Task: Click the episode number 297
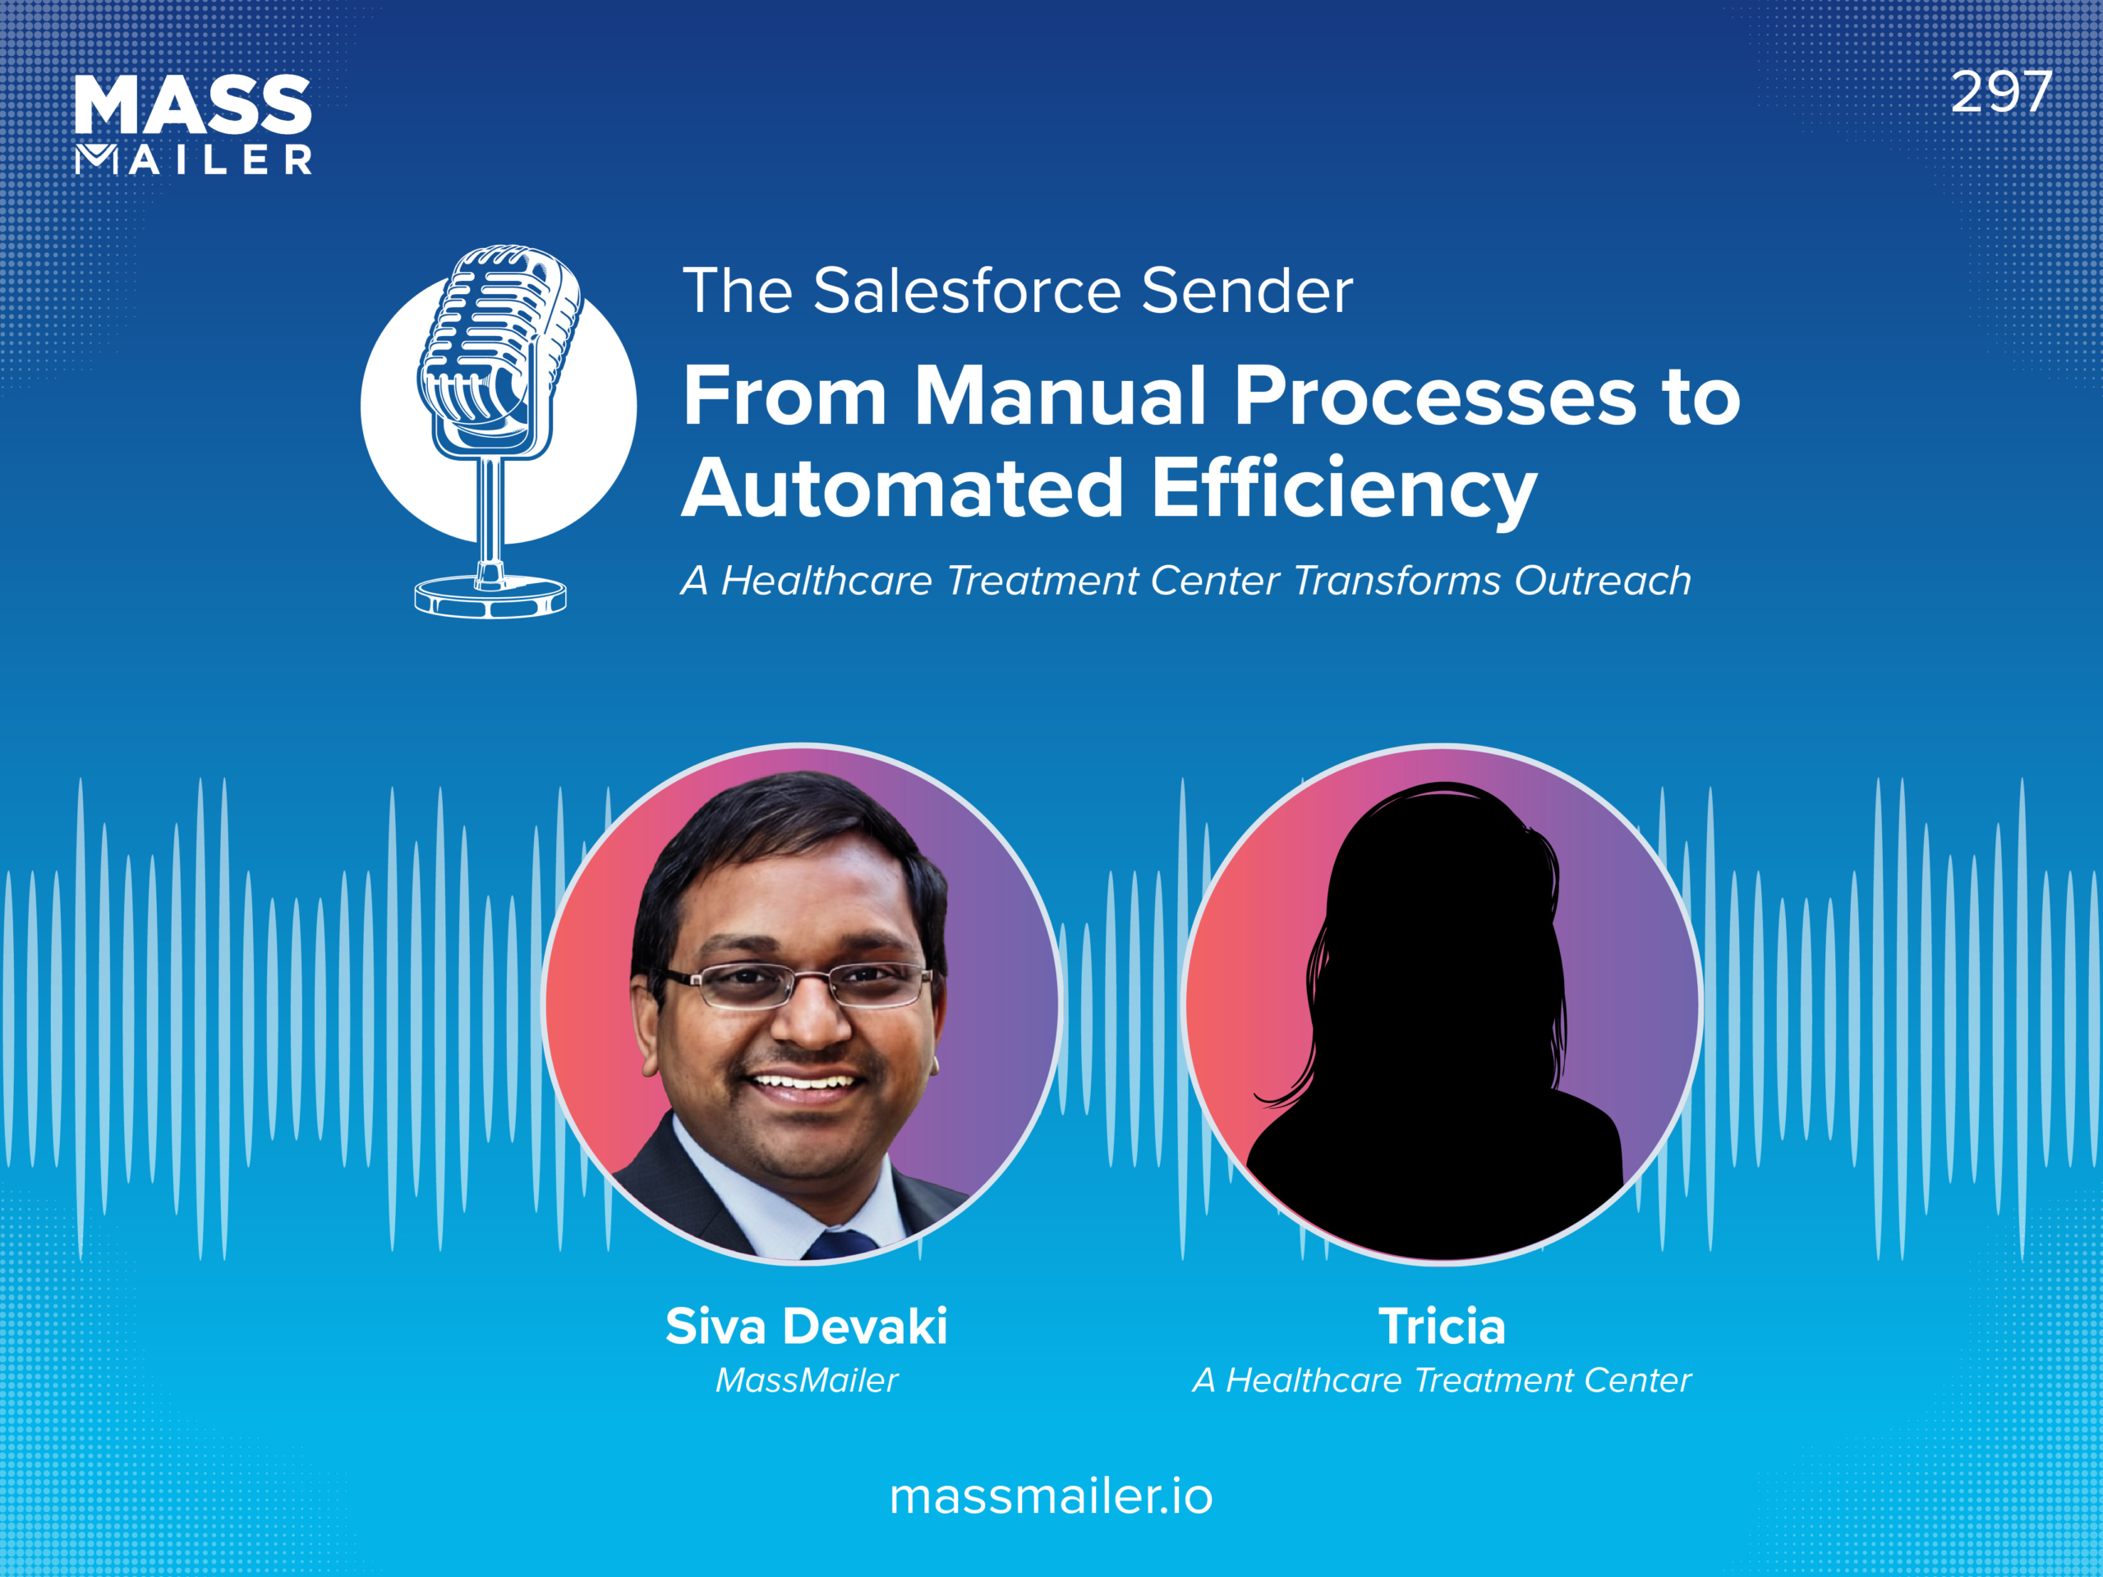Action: coord(2000,93)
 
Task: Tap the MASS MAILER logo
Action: coord(193,125)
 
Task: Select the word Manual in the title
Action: coord(1060,397)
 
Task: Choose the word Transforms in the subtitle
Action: coord(1396,581)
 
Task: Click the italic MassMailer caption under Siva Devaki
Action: coord(806,1379)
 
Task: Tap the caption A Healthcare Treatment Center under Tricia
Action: coord(1442,1379)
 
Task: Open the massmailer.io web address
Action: coord(1051,1497)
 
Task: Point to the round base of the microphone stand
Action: coord(490,596)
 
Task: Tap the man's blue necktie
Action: coord(841,1244)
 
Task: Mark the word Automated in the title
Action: coord(903,489)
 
